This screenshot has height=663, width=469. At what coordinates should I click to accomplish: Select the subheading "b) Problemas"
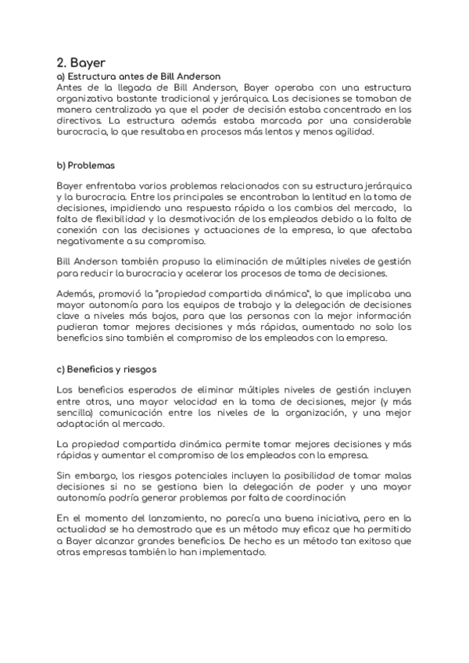pos(86,165)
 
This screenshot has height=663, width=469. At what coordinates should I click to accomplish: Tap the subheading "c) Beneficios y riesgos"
pos(109,368)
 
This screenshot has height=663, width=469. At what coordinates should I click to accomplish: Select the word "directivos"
pos(78,120)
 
